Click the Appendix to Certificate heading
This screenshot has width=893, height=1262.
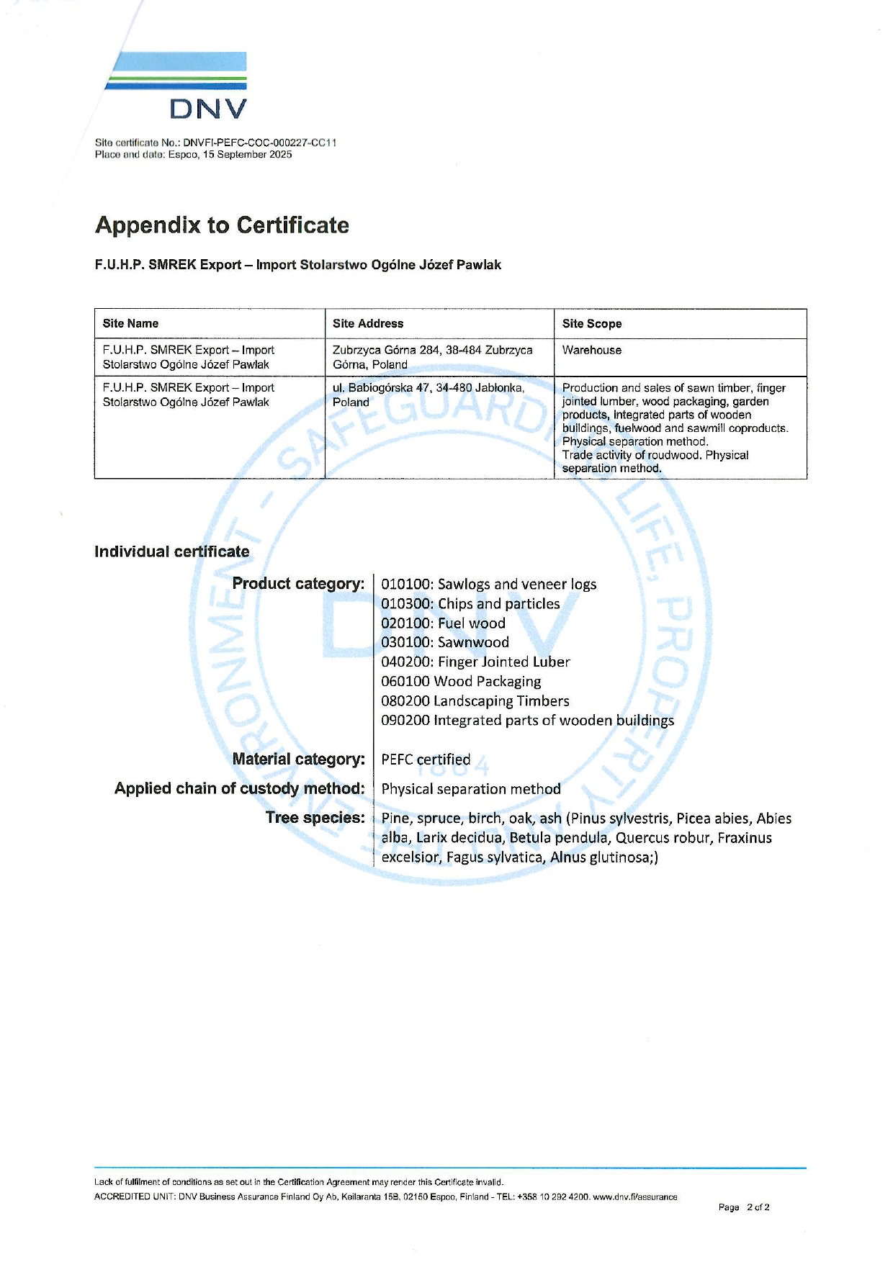tap(222, 225)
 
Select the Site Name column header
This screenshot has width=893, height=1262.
tap(130, 324)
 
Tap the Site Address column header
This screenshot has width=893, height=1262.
tap(368, 324)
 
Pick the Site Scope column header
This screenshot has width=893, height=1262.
tap(591, 324)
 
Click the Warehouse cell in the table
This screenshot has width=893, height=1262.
tap(591, 351)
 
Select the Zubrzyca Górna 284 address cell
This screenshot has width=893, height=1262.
tap(432, 357)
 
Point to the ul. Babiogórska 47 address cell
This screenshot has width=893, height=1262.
tap(428, 395)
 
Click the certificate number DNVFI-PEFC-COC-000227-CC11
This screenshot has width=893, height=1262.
tap(259, 143)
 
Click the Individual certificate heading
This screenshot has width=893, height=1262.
tap(171, 552)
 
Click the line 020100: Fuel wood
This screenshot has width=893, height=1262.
tap(443, 623)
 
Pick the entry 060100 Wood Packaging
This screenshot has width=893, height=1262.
tap(461, 682)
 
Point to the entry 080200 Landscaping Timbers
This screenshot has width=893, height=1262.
tap(475, 701)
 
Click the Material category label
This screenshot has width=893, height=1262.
tap(298, 760)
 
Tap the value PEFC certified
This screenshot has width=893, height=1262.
tap(426, 760)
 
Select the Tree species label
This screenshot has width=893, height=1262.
tap(315, 819)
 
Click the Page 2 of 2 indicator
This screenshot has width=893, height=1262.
tap(743, 1207)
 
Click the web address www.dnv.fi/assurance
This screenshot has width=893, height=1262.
tap(634, 1197)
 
